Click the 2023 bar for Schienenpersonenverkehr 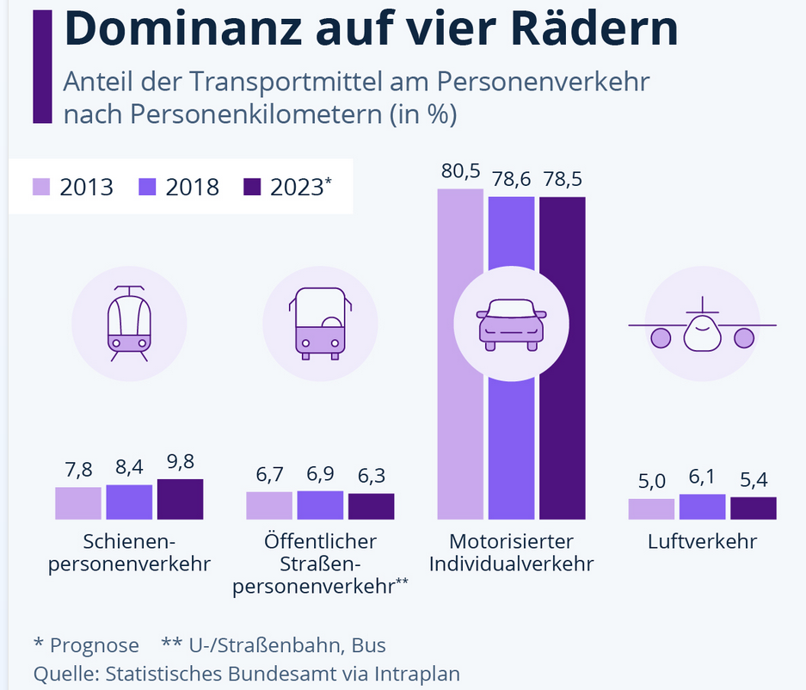pos(180,499)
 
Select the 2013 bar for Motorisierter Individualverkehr pos(460,354)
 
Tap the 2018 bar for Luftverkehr pos(702,507)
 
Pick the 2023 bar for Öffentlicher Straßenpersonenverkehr pos(371,506)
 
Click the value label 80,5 pos(460,171)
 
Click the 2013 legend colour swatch pos(43,187)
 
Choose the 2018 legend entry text pos(191,187)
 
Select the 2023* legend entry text pos(299,187)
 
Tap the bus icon pos(319,323)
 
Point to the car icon pos(511,323)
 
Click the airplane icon pos(702,325)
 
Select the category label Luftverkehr pos(702,542)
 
